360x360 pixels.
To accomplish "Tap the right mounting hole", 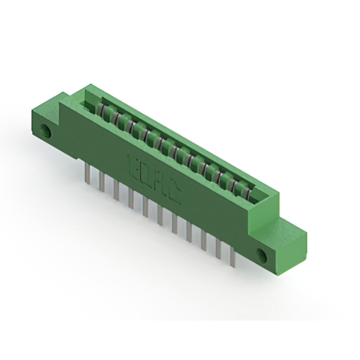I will pos(262,255).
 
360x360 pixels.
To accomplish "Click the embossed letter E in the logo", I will pos(134,164).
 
